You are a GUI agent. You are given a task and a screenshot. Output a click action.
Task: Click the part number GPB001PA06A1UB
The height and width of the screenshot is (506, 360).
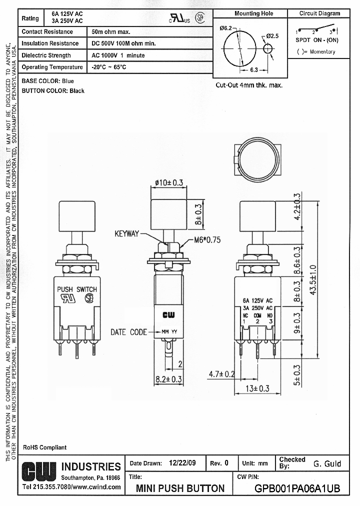tap(297, 488)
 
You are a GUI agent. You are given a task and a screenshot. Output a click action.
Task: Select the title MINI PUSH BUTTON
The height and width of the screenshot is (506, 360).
tap(180, 488)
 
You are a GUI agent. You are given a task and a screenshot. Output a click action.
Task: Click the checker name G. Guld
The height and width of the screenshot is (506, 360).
tap(327, 463)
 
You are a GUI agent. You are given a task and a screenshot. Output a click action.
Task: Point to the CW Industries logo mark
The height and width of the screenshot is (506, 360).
tap(39, 470)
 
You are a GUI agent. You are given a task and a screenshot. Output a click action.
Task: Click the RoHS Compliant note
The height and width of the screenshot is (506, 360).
tap(45, 447)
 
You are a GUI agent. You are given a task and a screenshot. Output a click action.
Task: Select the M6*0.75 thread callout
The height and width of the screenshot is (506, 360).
tap(207, 240)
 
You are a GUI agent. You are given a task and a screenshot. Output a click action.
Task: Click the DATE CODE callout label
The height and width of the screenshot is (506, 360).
tap(129, 332)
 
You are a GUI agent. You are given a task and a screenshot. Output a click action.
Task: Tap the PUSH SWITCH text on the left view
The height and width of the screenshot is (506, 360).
tap(77, 289)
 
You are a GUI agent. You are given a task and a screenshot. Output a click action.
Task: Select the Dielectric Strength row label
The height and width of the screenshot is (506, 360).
tap(46, 55)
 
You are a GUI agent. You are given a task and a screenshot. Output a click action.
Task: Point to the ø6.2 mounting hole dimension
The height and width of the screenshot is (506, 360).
tap(225, 28)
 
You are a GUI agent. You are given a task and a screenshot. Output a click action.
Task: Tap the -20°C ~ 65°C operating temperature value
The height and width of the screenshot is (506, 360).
tap(109, 67)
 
